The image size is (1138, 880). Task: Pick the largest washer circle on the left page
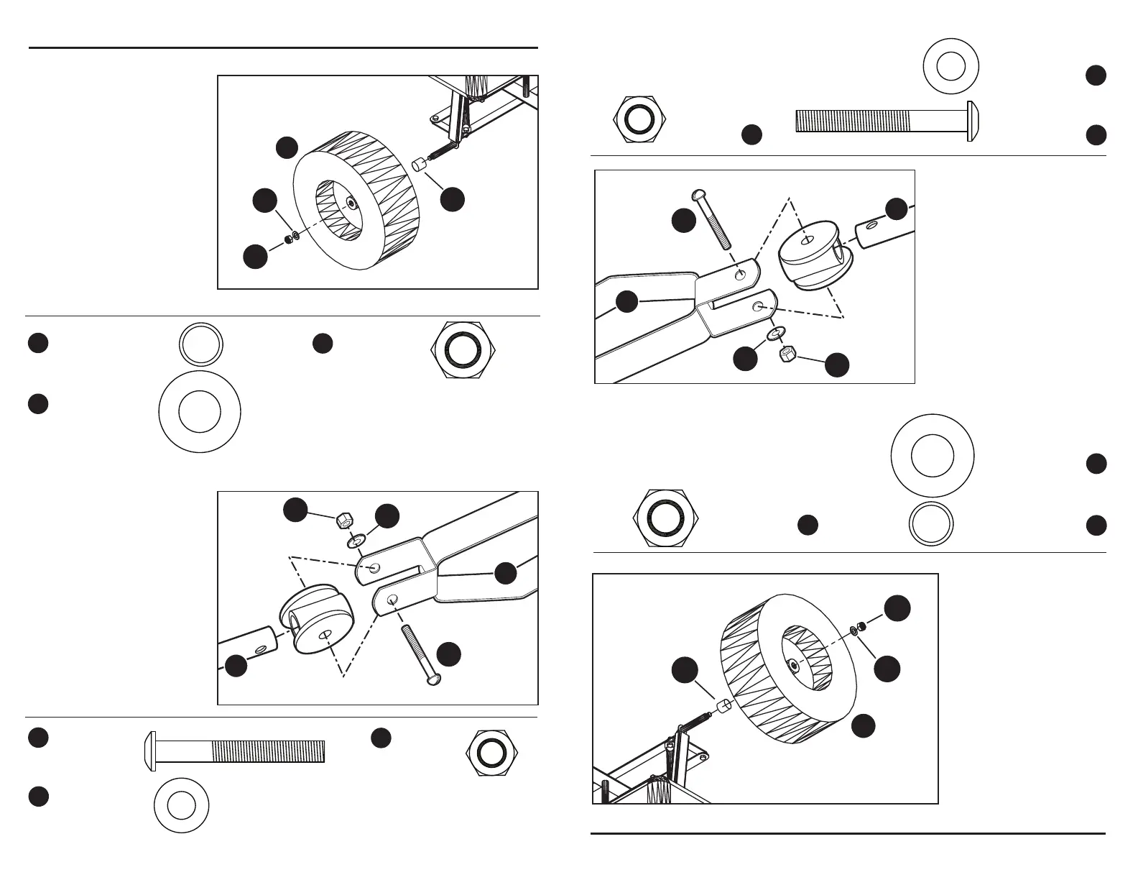point(200,412)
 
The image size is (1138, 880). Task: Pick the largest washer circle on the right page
point(932,456)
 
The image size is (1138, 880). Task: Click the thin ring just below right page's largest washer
point(931,523)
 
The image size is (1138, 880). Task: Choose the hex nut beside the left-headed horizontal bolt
point(490,753)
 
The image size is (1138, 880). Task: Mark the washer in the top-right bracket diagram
point(775,334)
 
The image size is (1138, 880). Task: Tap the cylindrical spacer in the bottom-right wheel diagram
point(724,705)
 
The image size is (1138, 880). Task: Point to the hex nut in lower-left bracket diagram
point(344,520)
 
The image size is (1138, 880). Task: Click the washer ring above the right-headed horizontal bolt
point(950,68)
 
